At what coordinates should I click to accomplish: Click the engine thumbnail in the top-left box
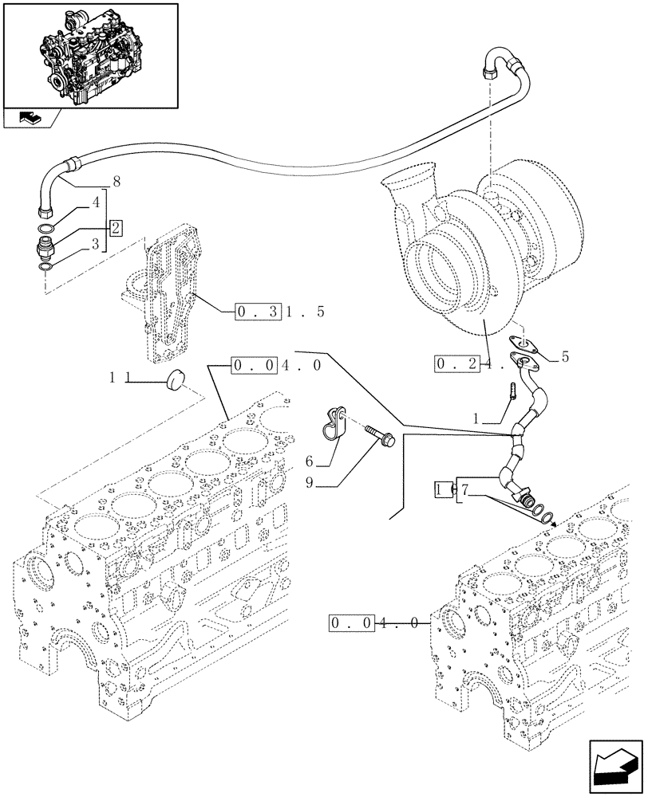[x=89, y=53]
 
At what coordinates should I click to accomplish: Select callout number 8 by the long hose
[x=117, y=182]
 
